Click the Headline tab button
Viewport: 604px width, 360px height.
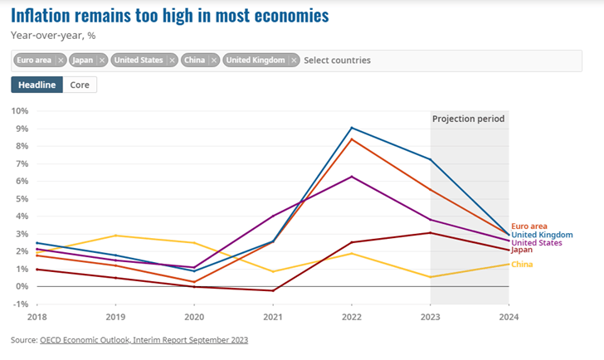click(37, 85)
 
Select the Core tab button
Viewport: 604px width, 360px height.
click(80, 85)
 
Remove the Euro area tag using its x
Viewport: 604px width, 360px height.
click(61, 61)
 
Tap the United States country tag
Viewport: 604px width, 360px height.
click(139, 61)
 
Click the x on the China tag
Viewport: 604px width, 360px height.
click(214, 61)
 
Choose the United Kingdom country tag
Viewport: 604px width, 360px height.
click(256, 61)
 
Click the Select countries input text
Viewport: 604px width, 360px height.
click(337, 61)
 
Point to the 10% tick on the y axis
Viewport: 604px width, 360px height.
click(20, 110)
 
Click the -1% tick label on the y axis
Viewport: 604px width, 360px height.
click(20, 304)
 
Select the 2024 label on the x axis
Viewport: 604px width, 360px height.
click(508, 317)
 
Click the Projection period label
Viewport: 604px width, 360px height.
click(469, 119)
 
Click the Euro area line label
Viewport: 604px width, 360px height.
click(529, 226)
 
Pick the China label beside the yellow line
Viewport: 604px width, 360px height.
click(522, 265)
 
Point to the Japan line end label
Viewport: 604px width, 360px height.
click(523, 250)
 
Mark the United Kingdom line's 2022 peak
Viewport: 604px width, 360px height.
click(351, 128)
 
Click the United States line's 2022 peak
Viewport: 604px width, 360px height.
click(351, 177)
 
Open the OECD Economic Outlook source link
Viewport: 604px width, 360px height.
click(144, 340)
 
